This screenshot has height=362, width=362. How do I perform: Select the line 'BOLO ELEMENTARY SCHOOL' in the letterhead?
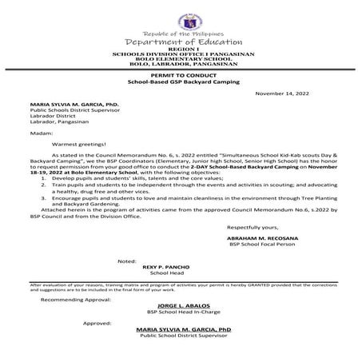(x=181, y=59)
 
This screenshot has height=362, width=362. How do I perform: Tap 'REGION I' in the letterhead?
(x=181, y=49)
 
